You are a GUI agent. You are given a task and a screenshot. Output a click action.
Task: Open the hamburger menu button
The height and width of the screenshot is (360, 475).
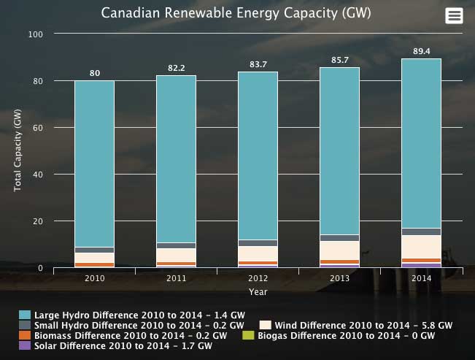pyautogui.click(x=454, y=16)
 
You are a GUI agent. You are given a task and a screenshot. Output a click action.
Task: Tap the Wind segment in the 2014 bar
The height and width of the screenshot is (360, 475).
pyautogui.click(x=421, y=247)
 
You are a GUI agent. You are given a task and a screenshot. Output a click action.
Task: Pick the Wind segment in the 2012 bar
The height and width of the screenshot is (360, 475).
pyautogui.click(x=258, y=253)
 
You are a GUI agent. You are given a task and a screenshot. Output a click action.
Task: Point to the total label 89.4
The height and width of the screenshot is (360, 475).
pyautogui.click(x=422, y=51)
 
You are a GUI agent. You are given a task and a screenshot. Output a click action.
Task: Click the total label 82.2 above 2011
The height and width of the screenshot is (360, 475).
pyautogui.click(x=176, y=68)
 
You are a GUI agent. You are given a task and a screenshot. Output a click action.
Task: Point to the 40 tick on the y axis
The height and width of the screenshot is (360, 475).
pyautogui.click(x=39, y=175)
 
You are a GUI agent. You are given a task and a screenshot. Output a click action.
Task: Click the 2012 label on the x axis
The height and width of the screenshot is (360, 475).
pyautogui.click(x=258, y=279)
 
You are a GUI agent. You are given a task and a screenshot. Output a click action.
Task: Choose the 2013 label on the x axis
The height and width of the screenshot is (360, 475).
pyautogui.click(x=340, y=279)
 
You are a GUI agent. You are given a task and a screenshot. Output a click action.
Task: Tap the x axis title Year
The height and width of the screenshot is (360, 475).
pyautogui.click(x=258, y=292)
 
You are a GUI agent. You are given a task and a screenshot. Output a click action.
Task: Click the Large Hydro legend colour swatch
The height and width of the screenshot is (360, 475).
pyautogui.click(x=24, y=315)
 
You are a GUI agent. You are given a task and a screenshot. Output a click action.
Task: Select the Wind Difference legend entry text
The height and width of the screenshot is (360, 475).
pyautogui.click(x=363, y=325)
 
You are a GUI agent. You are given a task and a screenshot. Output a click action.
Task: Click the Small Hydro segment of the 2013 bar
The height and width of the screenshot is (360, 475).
pyautogui.click(x=340, y=237)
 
